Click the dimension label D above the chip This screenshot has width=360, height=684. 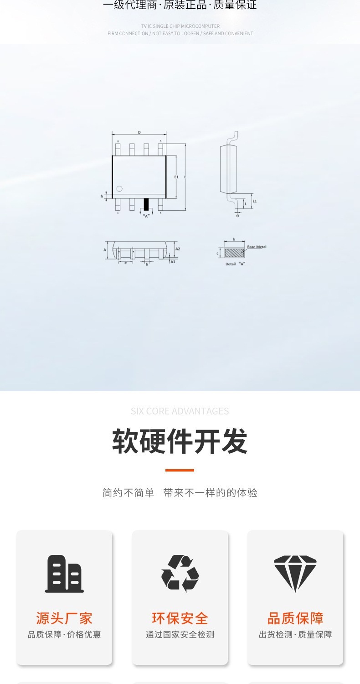(139, 132)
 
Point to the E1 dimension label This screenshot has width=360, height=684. (176, 176)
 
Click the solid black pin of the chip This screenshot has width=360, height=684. (146, 204)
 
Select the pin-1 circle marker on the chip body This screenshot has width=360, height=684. (119, 189)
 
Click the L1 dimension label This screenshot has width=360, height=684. (255, 201)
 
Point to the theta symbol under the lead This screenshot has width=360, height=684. (237, 216)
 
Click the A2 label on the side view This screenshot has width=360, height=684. (178, 249)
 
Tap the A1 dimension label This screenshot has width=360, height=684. (173, 262)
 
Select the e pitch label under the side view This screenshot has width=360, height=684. (125, 264)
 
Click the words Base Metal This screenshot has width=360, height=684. (257, 247)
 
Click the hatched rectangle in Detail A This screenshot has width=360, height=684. (234, 253)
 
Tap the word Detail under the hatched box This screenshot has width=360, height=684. (231, 264)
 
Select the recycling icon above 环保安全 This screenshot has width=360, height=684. (180, 574)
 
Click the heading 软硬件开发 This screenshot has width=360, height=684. (180, 441)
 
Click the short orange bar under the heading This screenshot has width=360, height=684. (180, 470)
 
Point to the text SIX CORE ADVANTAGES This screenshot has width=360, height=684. (180, 411)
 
